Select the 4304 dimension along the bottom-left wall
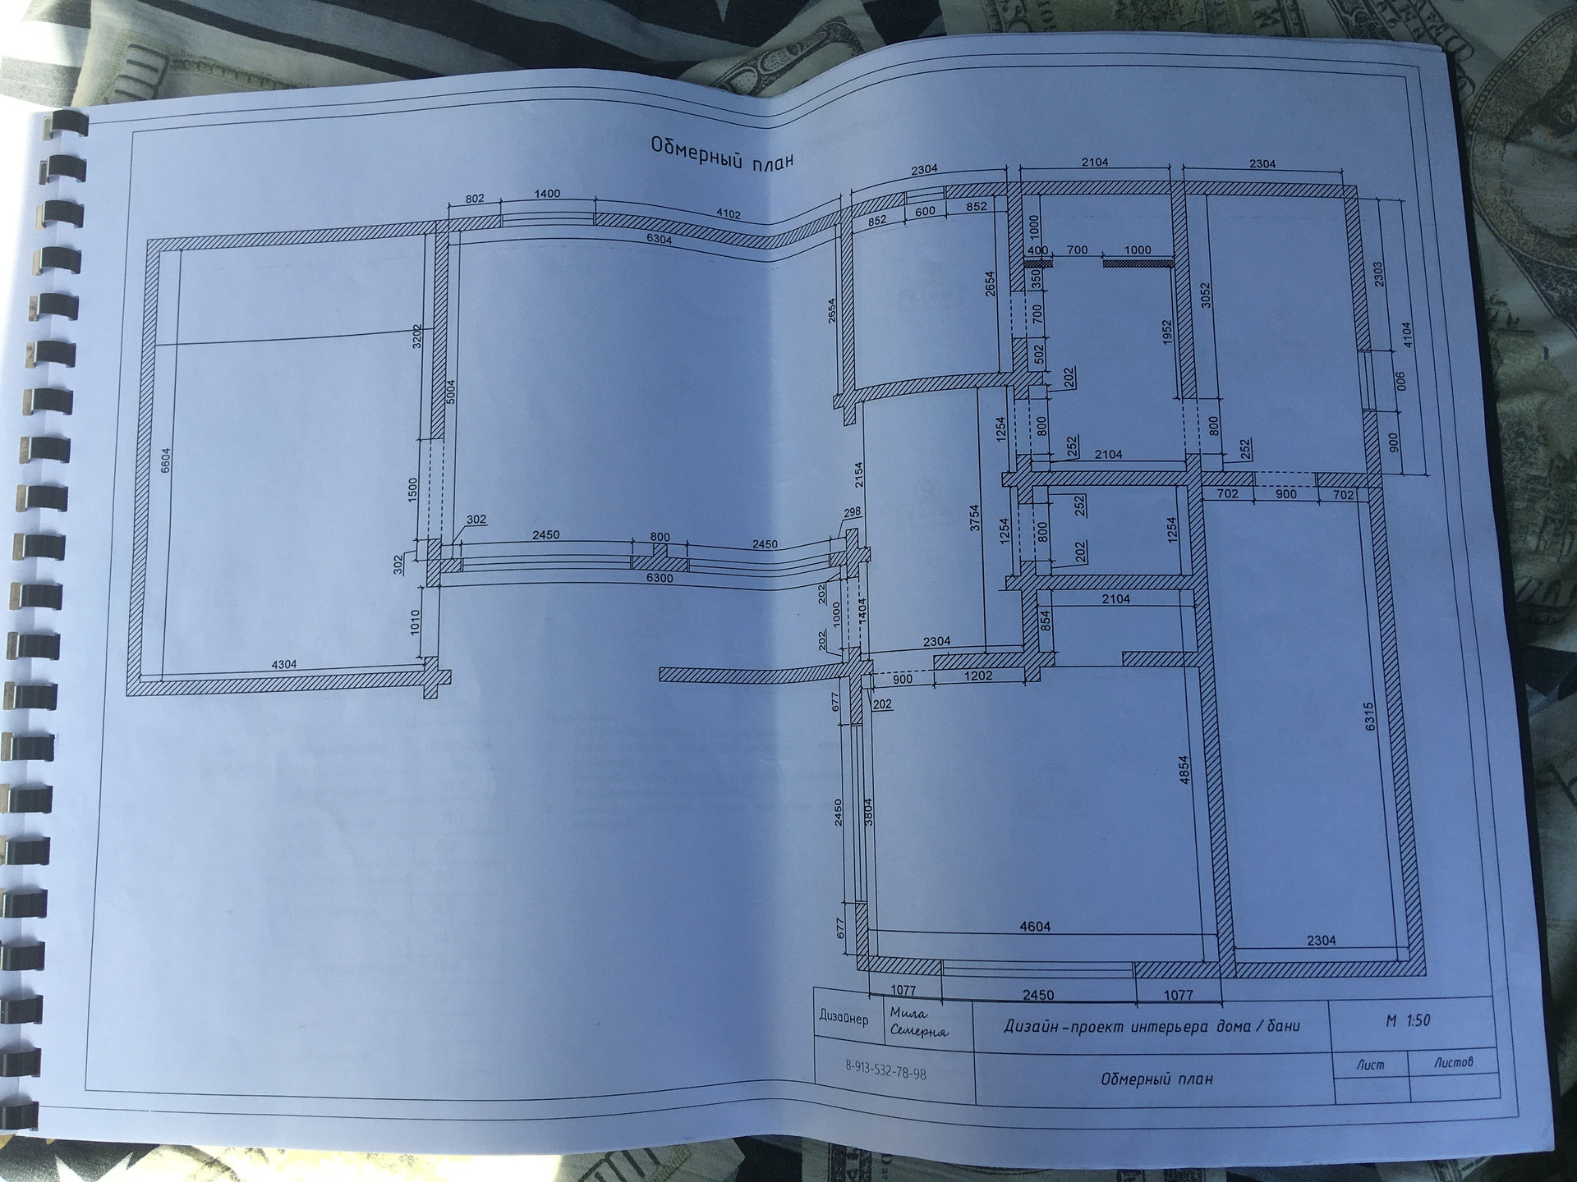pos(284,664)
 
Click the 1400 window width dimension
pos(547,195)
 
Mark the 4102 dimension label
pos(729,214)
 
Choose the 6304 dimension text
pos(659,240)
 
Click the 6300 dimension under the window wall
pos(660,578)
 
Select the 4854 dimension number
pos(1184,771)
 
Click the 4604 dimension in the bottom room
pos(1035,927)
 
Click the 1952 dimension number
pos(1167,336)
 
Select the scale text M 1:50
pos(1408,1020)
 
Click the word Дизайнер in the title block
pos(844,1018)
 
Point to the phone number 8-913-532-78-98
pos(885,1071)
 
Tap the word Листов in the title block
pos(1454,1061)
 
